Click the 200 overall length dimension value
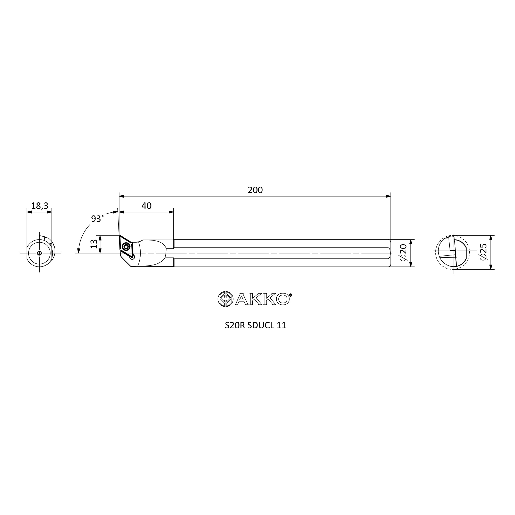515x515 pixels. coord(255,190)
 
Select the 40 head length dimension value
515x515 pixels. coord(146,205)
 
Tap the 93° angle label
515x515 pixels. coord(97,219)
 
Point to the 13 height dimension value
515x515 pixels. coord(94,244)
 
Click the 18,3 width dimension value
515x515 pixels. coord(39,206)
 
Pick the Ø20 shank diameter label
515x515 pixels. coord(403,252)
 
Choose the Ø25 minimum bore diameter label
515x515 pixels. coord(483,252)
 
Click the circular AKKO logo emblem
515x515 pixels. coord(226,299)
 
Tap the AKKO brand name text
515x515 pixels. coord(262,299)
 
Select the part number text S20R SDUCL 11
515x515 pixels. coord(255,325)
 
